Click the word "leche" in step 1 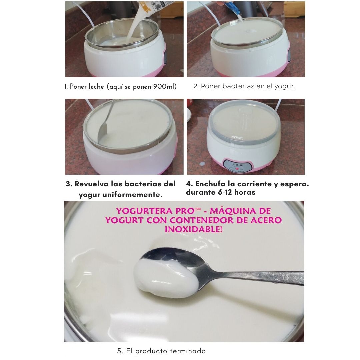click(x=94, y=87)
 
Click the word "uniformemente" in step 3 click(x=132, y=195)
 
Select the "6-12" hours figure click(x=225, y=192)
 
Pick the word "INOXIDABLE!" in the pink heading click(x=194, y=229)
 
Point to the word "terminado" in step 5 click(x=188, y=351)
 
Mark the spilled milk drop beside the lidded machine click(x=202, y=164)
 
